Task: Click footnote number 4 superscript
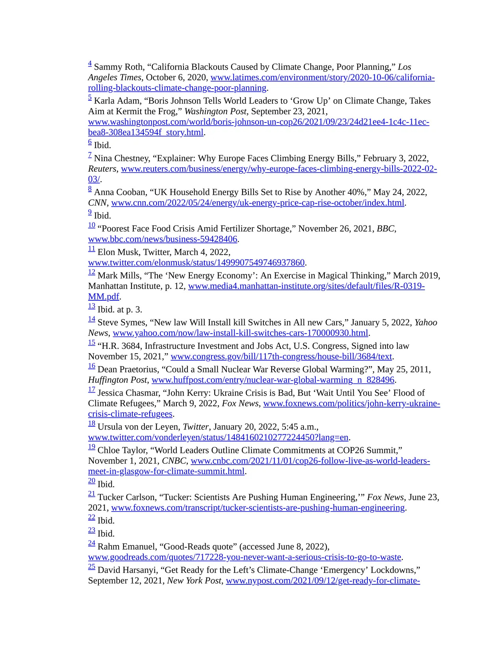pyautogui.click(x=90, y=64)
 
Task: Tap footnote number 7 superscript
pyautogui.click(x=90, y=155)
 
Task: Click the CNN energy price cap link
pyautogui.click(x=258, y=203)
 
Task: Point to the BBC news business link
pyautogui.click(x=163, y=239)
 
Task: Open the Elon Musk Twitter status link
pyautogui.click(x=196, y=263)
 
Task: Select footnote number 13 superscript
pyautogui.click(x=91, y=306)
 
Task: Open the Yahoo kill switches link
pyautogui.click(x=240, y=333)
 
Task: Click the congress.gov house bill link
pyautogui.click(x=281, y=357)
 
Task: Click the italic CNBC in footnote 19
pyautogui.click(x=174, y=461)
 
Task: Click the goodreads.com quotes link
pyautogui.click(x=245, y=557)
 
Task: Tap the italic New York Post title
pyautogui.click(x=194, y=581)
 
